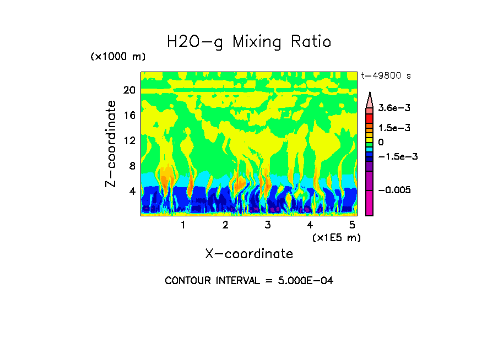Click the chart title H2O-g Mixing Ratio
(x=249, y=42)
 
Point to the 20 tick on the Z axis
(x=129, y=90)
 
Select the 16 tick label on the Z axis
(x=129, y=116)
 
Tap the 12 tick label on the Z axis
(x=129, y=141)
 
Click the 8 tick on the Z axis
(x=132, y=166)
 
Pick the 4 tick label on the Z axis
(x=132, y=192)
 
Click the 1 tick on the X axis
(x=183, y=225)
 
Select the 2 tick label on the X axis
(x=225, y=225)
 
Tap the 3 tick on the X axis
(x=268, y=225)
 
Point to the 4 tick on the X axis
(x=310, y=225)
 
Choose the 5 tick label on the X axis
(x=352, y=225)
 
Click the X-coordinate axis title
(x=249, y=254)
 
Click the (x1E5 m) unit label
(x=336, y=238)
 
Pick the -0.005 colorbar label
(x=394, y=190)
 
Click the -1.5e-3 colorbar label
(x=398, y=156)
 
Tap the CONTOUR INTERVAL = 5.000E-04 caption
(x=249, y=281)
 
